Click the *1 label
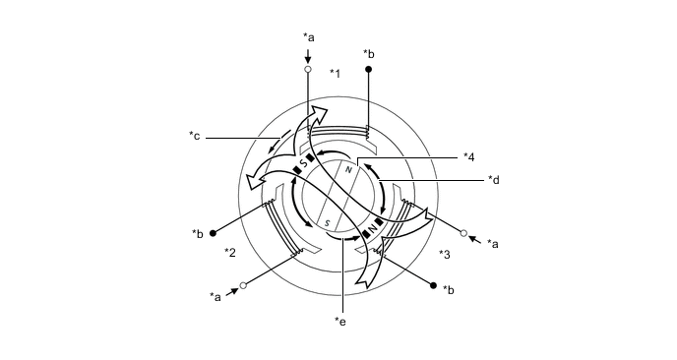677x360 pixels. coord(335,74)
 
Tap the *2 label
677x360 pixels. coord(230,252)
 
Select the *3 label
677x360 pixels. coord(445,255)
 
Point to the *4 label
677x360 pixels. coord(469,157)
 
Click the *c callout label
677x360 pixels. coord(194,136)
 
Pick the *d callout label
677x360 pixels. coord(494,180)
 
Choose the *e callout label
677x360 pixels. coord(340,322)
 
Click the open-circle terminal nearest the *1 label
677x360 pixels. coord(308,69)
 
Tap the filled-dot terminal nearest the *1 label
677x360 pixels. coord(369,69)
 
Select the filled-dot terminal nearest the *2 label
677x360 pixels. coord(213,233)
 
